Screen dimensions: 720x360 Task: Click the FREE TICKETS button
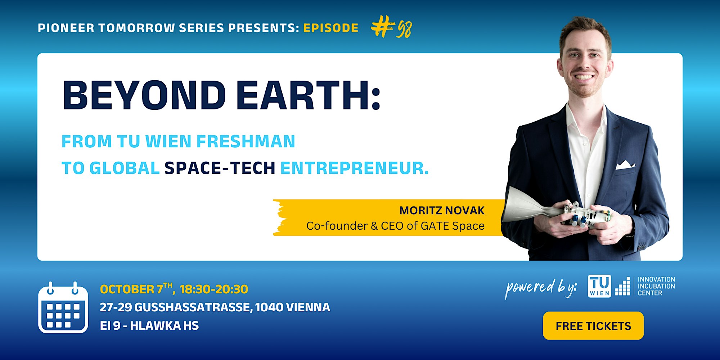pos(593,326)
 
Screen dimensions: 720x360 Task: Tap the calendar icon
pos(63,308)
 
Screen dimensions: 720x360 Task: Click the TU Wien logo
pos(599,286)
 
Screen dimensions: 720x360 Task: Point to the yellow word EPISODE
pos(331,28)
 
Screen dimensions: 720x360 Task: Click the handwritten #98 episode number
pos(391,27)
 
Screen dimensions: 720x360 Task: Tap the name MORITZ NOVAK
pos(442,210)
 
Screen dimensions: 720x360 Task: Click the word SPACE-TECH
pos(220,168)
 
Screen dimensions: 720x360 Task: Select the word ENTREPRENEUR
pos(355,168)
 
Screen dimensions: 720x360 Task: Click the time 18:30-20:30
pos(214,289)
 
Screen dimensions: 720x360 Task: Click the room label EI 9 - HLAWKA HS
pos(149,325)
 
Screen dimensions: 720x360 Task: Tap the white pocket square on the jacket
pos(625,165)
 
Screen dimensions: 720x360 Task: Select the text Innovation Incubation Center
pos(656,286)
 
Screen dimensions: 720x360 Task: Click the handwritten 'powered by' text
pos(541,288)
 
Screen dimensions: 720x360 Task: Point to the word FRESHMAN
pos(246,141)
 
